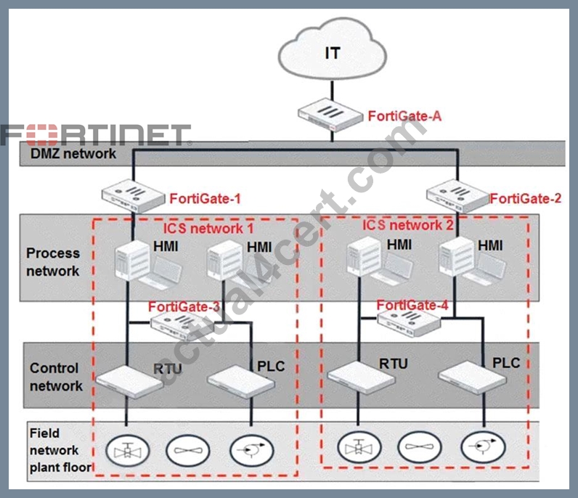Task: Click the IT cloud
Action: pos(332,49)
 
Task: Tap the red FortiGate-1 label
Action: pos(205,199)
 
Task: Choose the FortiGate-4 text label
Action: pos(412,305)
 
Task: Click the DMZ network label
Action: pos(73,153)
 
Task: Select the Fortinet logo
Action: pos(95,135)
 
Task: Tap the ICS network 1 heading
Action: pos(208,229)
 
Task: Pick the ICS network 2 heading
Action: pos(407,225)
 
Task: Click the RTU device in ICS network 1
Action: pos(129,382)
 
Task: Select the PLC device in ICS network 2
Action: pos(472,377)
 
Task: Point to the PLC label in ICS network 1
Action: pos(271,367)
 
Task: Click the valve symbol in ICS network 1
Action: pos(128,450)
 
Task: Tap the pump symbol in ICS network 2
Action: pos(483,447)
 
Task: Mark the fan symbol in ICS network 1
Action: pos(188,450)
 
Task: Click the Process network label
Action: pos(53,262)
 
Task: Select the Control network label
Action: pos(56,377)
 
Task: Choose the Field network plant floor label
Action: pos(60,450)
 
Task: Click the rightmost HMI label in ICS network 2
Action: pos(490,245)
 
